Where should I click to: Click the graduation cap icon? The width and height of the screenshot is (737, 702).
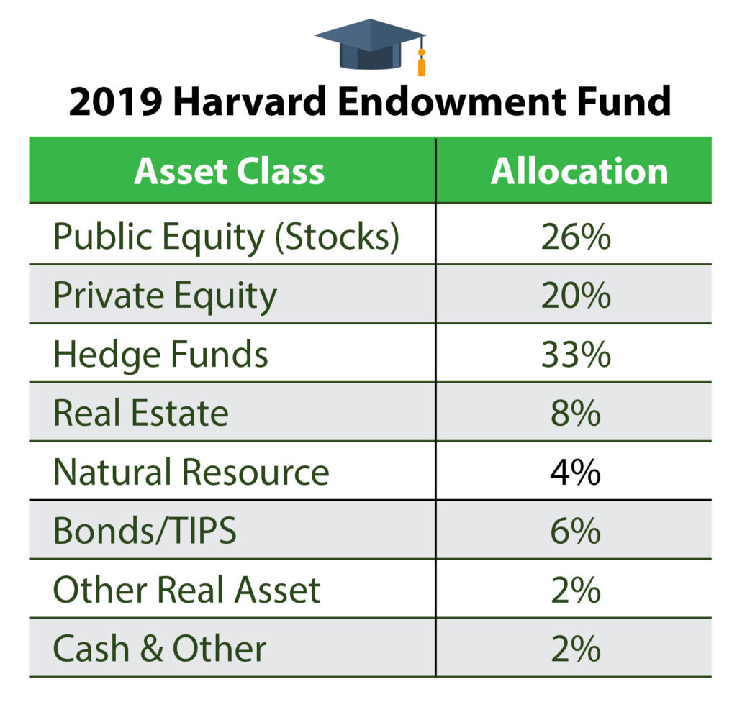pos(370,45)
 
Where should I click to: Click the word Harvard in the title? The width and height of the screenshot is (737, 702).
pos(254,103)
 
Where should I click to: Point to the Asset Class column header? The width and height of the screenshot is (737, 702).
pos(229,171)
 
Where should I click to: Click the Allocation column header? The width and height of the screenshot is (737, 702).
pos(579,171)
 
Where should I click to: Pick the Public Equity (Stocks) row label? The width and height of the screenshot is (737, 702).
pos(225,237)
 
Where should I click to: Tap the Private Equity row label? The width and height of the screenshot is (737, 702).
pos(165,296)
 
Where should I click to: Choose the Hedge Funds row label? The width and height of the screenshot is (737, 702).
pos(160,355)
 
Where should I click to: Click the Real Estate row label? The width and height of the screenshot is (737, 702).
pos(141,414)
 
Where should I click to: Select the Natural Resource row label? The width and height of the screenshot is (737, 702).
pos(191,473)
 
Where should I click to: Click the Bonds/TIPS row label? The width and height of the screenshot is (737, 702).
pos(145,532)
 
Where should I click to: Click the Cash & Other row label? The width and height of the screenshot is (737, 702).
pos(160,649)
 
